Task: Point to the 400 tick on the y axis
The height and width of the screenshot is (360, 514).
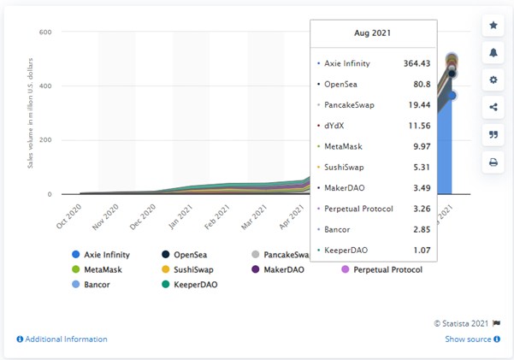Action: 45,86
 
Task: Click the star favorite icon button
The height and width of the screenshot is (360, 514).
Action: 493,26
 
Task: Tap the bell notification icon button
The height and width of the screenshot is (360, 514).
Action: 493,53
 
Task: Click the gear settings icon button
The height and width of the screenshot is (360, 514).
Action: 493,80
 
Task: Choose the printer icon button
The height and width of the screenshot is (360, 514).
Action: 493,162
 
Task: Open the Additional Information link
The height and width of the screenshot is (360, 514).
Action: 66,339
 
